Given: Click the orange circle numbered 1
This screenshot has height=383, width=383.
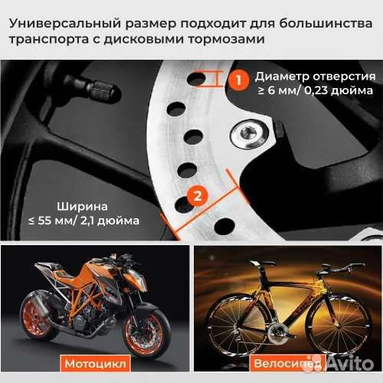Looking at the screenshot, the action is coord(238,80).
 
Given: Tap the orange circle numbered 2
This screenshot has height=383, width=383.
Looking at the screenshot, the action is coord(198,196).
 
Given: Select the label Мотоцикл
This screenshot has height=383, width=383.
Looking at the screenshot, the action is coord(95,363).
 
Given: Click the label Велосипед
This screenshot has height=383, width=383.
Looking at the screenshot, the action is coord(287,363).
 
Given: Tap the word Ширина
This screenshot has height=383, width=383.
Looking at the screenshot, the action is coord(82,207).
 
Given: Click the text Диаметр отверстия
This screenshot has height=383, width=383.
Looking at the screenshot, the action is coord(316,77).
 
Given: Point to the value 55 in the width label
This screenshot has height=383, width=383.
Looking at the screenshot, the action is coord(44,221).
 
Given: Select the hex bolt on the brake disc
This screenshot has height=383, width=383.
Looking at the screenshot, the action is coord(249,133).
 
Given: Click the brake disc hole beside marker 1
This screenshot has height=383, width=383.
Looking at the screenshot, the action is coord(196,79).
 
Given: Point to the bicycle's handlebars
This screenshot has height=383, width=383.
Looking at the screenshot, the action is coord(342,268).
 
